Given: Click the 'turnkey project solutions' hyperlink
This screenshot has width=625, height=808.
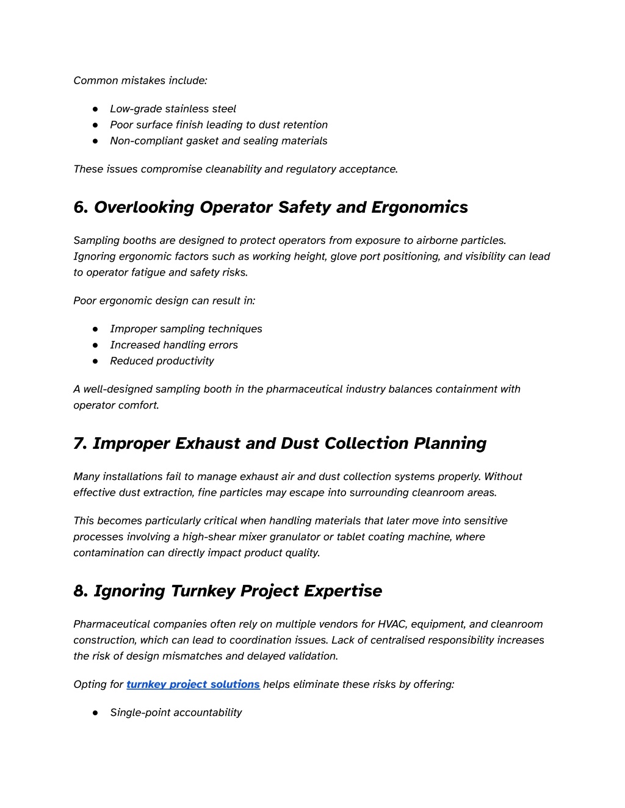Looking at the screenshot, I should [193, 684].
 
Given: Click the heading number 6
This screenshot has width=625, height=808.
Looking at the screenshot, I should [81, 207].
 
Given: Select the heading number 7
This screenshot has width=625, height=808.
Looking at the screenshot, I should [79, 443].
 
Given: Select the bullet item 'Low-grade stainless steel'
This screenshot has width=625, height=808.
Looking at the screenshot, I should [173, 109].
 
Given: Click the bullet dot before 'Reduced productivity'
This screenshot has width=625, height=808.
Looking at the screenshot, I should [96, 361].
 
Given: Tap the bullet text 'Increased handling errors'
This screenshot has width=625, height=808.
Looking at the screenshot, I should [174, 345].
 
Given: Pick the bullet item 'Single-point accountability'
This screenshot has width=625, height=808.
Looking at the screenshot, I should [176, 712].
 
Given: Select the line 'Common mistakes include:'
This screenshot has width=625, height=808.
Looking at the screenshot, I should [140, 80].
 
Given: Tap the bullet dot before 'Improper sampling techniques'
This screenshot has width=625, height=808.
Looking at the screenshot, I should [96, 329].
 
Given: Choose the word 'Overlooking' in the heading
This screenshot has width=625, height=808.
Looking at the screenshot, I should [144, 207].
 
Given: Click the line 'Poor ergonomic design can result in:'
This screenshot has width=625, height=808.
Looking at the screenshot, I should [164, 301].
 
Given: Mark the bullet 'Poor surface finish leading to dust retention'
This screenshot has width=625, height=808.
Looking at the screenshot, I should [219, 124].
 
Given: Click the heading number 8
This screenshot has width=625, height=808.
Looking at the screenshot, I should [80, 591].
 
